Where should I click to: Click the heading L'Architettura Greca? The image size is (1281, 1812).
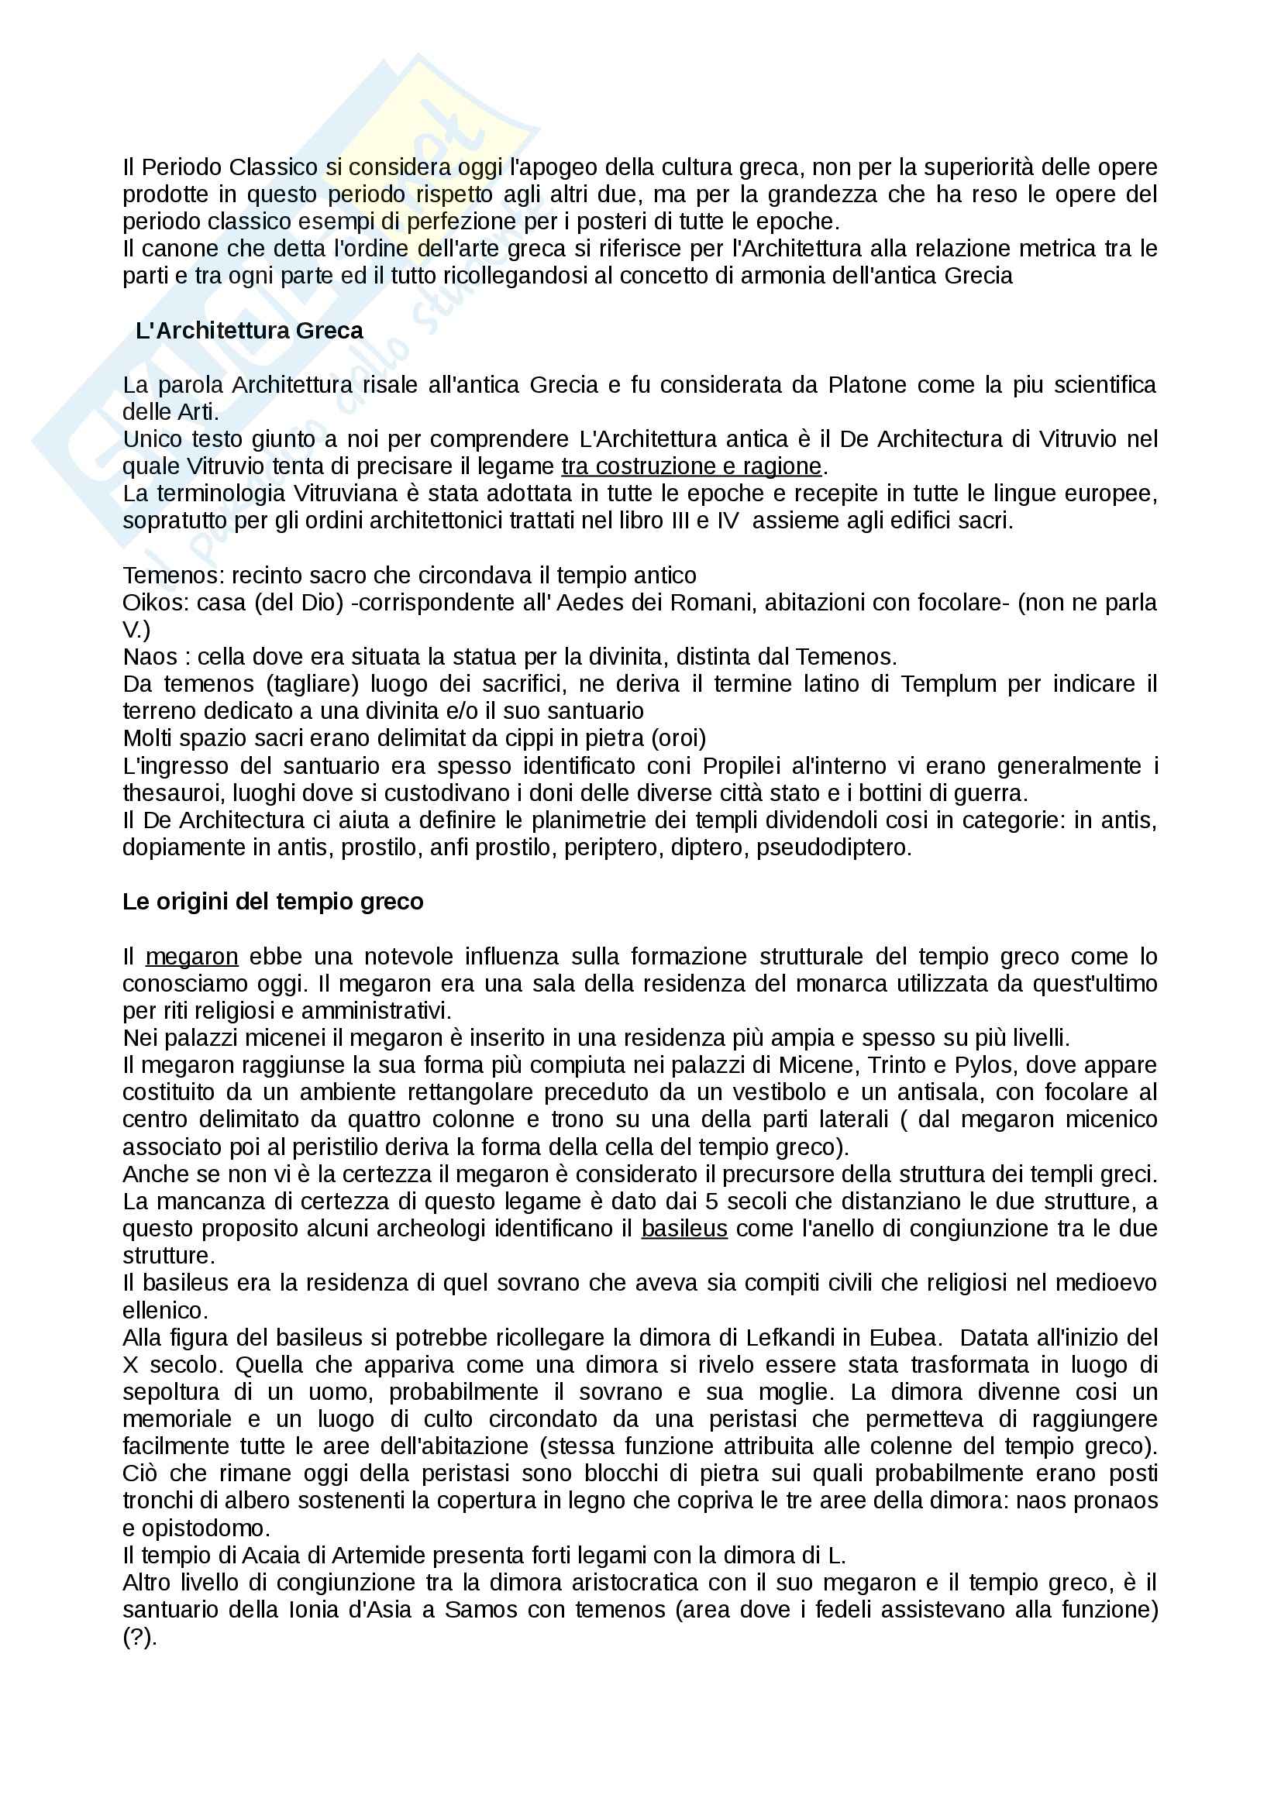(249, 331)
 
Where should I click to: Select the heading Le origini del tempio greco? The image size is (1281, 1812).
(272, 901)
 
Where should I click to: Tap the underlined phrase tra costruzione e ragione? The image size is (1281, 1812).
(691, 466)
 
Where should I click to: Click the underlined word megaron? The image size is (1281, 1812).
(191, 957)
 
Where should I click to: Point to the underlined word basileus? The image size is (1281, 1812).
(684, 1229)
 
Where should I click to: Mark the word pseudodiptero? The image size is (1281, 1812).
(834, 848)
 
